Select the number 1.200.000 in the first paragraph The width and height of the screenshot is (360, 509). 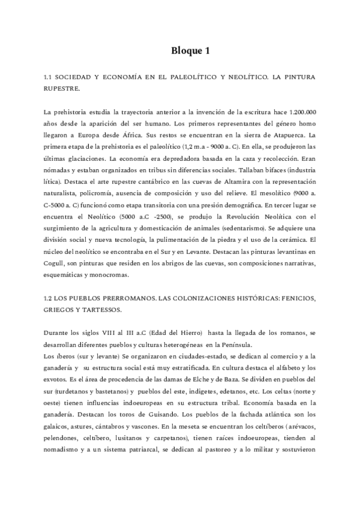tap(299, 112)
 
